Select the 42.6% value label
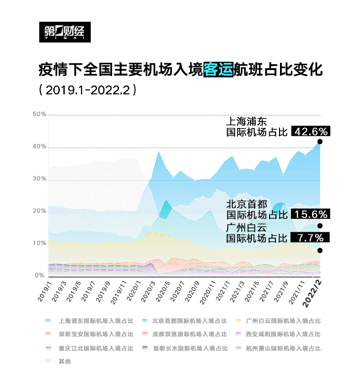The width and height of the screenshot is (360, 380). (x=310, y=131)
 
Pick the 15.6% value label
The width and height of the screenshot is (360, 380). (x=310, y=214)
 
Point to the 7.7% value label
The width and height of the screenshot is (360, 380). (x=310, y=238)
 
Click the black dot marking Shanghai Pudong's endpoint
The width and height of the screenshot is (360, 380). (x=320, y=142)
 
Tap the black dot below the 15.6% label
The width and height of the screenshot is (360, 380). (x=320, y=226)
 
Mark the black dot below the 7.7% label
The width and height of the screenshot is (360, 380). (x=320, y=251)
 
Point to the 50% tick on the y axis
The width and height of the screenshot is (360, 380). (x=40, y=115)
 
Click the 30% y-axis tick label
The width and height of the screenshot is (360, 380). (x=40, y=179)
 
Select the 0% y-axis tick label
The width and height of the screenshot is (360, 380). (x=41, y=275)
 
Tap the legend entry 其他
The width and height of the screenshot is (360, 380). (x=64, y=362)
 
